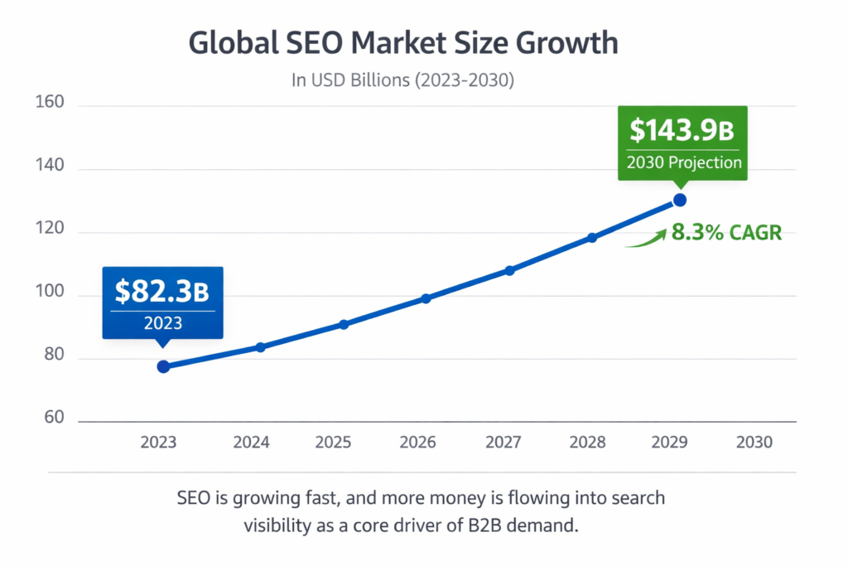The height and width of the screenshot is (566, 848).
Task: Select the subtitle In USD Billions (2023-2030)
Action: coord(403,81)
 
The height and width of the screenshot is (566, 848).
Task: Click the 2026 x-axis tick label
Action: coord(417,442)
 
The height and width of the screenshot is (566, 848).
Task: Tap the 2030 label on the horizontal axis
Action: coord(754,442)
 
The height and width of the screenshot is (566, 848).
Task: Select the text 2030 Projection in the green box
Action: coord(683,162)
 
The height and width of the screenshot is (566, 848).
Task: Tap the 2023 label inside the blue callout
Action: coord(162,323)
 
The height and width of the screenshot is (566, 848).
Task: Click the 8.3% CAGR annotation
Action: coord(726,232)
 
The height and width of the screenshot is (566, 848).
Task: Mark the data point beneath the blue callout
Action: coord(163,366)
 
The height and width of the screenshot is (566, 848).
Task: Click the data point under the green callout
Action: coord(679,200)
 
